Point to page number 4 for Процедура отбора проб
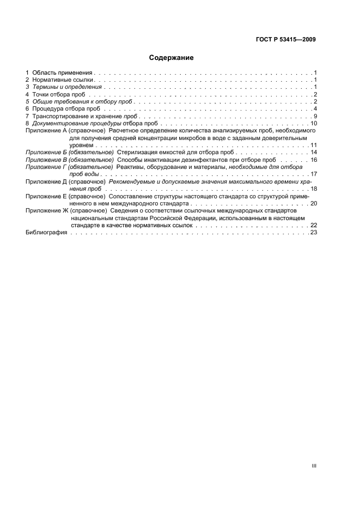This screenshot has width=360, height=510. (315, 110)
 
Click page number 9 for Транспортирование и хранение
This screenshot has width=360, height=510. (315, 117)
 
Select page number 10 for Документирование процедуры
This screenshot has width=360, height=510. (314, 124)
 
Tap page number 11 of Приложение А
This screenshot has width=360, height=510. (314, 146)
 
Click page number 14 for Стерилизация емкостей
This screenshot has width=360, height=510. (314, 153)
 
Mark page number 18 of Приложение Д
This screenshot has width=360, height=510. (314, 189)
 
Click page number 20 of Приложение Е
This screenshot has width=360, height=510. (314, 203)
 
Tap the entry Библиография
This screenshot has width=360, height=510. (46, 232)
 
